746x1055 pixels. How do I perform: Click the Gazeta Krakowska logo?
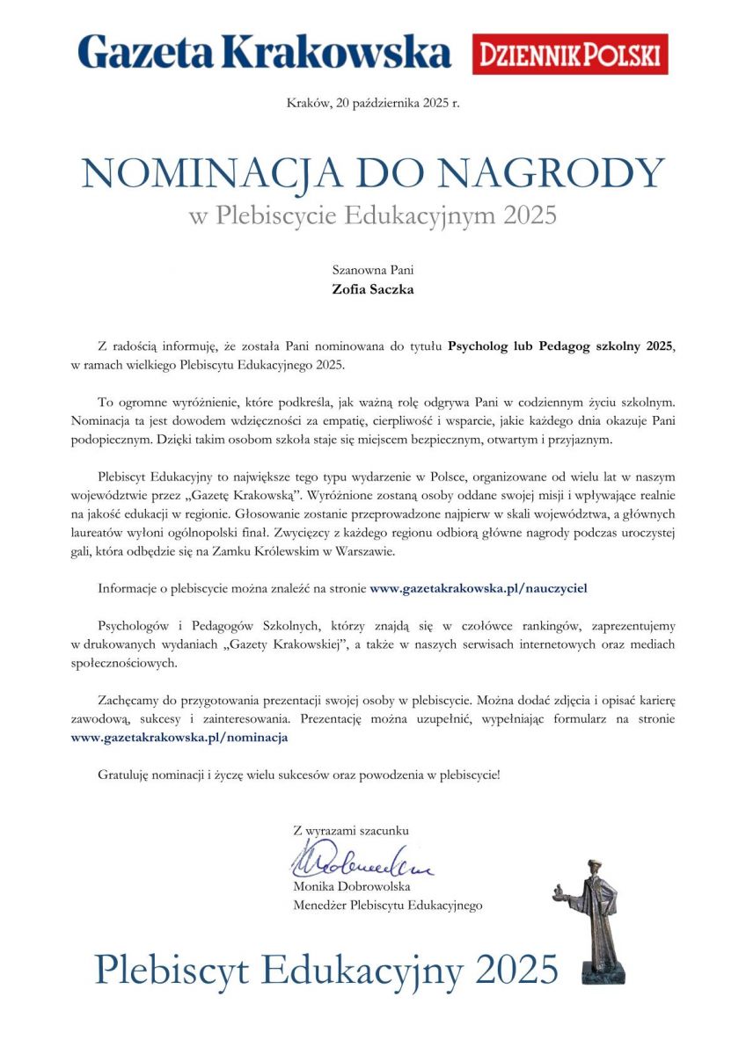pos(264,54)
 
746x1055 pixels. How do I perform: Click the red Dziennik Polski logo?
pos(570,55)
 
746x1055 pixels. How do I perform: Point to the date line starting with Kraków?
pos(373,104)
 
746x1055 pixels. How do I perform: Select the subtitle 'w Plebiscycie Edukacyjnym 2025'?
pos(373,215)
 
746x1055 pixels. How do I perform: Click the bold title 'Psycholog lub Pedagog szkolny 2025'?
pos(560,346)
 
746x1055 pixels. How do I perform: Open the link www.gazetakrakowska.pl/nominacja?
pos(179,738)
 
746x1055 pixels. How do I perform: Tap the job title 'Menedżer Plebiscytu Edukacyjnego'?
pos(388,905)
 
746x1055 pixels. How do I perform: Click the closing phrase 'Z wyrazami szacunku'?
pos(351,829)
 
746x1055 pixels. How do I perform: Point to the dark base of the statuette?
pos(605,972)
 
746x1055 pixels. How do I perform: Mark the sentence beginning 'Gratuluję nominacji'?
pos(299,775)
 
